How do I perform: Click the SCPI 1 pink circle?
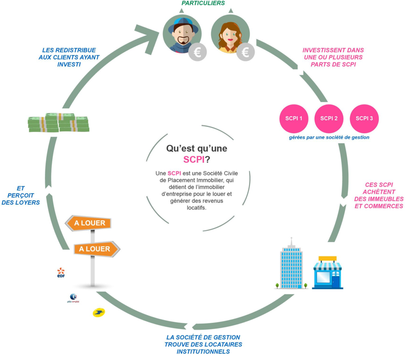tap(294, 119)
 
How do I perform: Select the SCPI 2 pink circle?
tap(329, 119)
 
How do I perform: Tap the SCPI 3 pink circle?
tap(364, 119)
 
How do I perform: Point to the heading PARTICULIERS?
tap(203, 3)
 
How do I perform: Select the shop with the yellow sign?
tap(328, 273)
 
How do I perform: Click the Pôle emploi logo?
tap(74, 298)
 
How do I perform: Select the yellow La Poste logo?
tap(98, 312)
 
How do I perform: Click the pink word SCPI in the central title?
tap(196, 159)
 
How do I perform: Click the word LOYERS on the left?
tap(21, 202)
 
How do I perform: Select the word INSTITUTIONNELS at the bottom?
tap(203, 352)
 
